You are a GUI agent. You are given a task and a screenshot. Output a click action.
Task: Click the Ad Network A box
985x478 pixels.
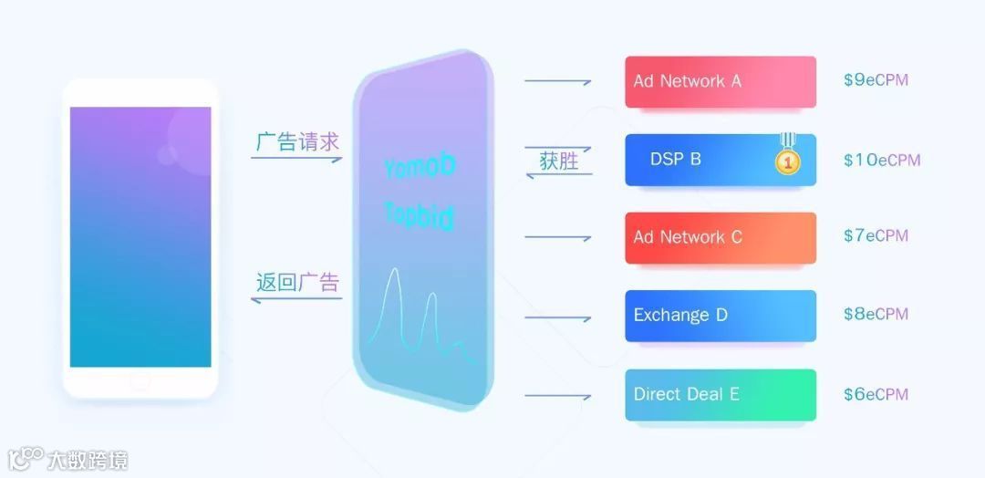[720, 82]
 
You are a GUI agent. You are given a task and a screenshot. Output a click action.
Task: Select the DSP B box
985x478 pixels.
[720, 160]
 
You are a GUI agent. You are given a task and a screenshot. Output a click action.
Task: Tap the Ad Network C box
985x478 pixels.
[720, 237]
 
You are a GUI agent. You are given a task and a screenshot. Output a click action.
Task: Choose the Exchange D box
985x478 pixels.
[720, 316]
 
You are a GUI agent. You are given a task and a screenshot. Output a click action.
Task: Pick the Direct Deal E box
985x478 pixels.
[720, 394]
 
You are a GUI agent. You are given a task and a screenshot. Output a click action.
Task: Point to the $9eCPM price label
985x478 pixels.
[876, 80]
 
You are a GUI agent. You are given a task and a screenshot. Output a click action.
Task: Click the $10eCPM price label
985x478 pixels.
[881, 160]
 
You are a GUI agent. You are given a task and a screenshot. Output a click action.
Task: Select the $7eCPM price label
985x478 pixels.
[876, 236]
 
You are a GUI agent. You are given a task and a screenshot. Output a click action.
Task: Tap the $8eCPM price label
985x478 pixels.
[876, 315]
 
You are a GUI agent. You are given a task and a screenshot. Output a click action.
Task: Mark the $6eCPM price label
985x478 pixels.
[876, 394]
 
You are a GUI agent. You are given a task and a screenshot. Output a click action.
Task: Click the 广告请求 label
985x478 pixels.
[297, 142]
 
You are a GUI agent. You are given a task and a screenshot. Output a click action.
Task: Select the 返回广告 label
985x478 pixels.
[297, 282]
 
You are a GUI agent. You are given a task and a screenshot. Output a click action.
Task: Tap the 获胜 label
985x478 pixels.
[559, 162]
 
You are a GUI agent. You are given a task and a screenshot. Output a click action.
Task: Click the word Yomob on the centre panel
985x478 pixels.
[420, 168]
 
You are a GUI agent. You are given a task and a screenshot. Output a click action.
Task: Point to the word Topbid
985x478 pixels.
[420, 216]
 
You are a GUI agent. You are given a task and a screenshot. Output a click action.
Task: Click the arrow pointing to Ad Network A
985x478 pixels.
[558, 82]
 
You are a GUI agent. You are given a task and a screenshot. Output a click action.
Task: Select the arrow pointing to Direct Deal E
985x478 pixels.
[558, 396]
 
